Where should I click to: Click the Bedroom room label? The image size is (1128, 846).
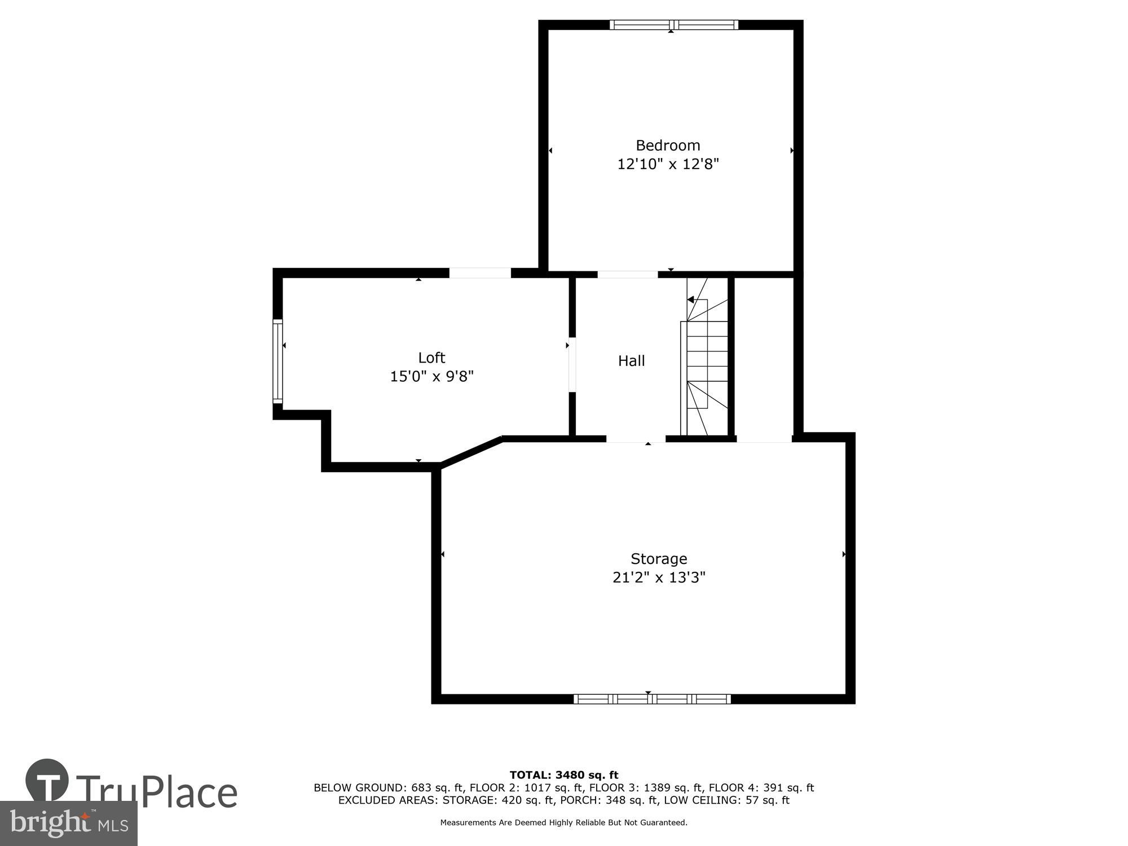click(x=668, y=146)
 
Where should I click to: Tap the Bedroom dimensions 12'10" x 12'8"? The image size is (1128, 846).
click(x=668, y=164)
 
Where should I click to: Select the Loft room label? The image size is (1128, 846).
click(x=431, y=358)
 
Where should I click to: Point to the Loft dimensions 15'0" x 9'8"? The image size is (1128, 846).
click(x=431, y=376)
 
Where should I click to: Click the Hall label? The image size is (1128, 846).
click(x=631, y=361)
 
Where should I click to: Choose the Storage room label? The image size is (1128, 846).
click(x=659, y=558)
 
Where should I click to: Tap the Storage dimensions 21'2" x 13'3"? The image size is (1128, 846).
click(x=659, y=578)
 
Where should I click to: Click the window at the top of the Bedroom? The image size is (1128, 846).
click(x=673, y=25)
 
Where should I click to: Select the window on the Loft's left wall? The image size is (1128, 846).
click(x=277, y=361)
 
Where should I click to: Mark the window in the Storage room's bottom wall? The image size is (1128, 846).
click(x=652, y=699)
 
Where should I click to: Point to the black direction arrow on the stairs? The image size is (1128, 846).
click(x=690, y=300)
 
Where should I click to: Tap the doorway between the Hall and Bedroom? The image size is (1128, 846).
click(x=627, y=275)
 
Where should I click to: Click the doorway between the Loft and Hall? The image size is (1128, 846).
click(x=572, y=364)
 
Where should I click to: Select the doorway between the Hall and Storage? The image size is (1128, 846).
click(x=636, y=439)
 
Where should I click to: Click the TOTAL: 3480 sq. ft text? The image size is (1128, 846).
click(x=563, y=775)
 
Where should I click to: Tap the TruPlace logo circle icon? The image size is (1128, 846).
click(x=47, y=781)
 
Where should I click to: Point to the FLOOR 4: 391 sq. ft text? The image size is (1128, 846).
click(x=761, y=788)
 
